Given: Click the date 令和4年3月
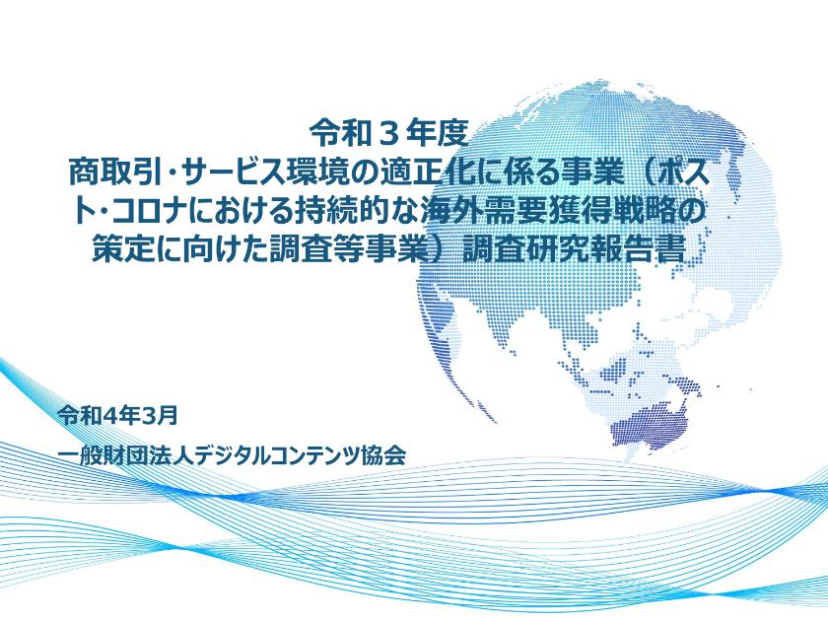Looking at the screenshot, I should point(118,414).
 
